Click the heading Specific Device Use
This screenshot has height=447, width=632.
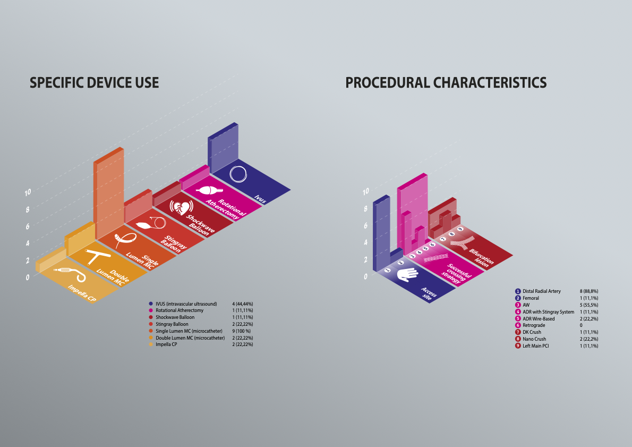point(95,83)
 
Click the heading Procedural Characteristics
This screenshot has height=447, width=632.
point(446,83)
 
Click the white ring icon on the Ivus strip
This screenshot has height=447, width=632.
point(238,174)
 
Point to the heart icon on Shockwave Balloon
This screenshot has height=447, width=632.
point(182,207)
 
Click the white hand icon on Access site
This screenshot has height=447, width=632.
point(407,274)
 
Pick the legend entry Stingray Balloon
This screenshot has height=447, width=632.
point(172,324)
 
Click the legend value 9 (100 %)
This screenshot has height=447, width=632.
point(242,331)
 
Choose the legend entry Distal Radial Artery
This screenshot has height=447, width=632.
point(541,291)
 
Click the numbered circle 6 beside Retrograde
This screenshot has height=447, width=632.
point(518,325)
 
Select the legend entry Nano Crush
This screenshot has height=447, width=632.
point(534,339)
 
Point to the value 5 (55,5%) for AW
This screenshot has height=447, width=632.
point(589,305)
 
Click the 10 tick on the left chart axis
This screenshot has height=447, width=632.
point(28,192)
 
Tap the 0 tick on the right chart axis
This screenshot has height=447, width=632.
point(365,276)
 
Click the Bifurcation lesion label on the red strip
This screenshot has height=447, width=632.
point(481,257)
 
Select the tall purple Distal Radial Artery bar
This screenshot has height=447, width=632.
point(381,233)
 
